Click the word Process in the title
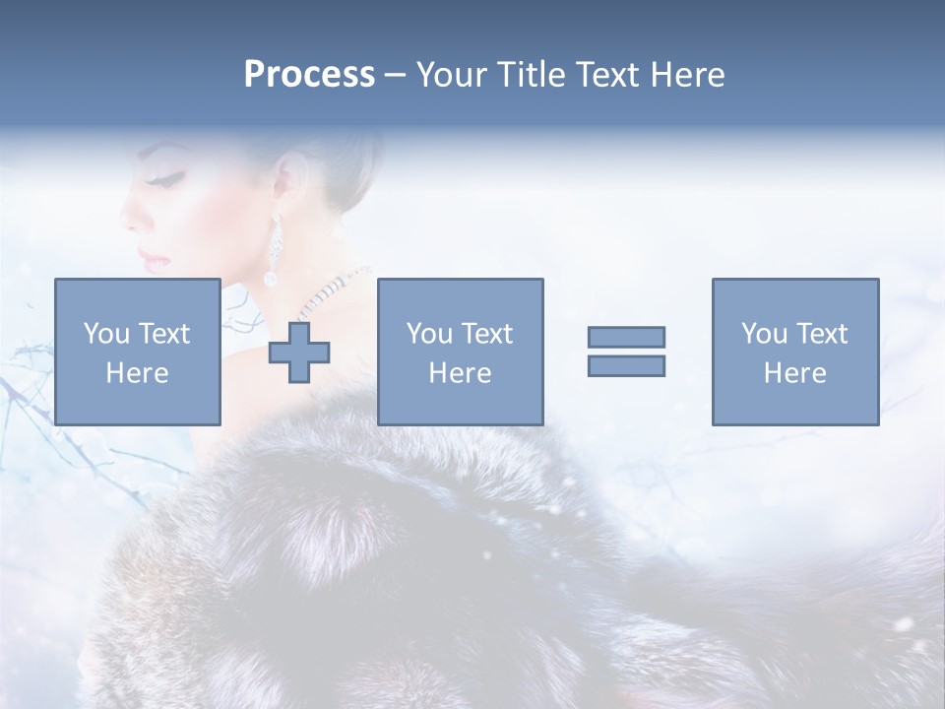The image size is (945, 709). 309,74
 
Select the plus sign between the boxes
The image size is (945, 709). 299,352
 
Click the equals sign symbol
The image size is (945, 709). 626,352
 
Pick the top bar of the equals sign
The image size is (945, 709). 626,337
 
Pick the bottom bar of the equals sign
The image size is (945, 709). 626,366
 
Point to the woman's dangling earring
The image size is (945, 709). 273,251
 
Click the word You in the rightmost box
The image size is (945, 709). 763,334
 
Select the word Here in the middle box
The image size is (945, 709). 460,373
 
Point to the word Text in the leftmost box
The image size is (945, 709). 163,334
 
